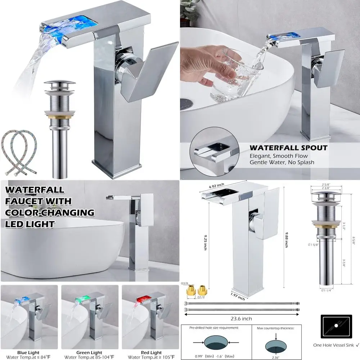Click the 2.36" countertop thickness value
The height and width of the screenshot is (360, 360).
coord(275,357)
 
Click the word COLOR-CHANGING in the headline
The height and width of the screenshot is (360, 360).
coord(50,212)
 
